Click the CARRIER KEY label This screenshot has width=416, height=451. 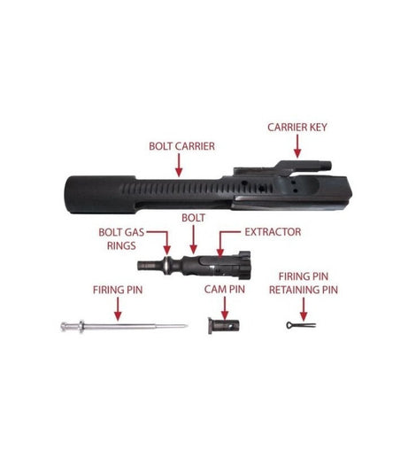click(x=297, y=128)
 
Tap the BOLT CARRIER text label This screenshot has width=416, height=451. click(x=181, y=146)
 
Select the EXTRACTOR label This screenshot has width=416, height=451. click(x=273, y=232)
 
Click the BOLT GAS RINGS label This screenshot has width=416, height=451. click(x=121, y=238)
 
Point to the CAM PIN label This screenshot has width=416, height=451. click(x=225, y=290)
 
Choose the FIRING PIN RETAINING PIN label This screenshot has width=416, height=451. click(x=304, y=284)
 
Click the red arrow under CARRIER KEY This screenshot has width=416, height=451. click(x=297, y=146)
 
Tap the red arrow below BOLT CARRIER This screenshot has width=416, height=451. click(x=179, y=165)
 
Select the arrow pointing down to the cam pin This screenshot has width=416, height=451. click(x=225, y=308)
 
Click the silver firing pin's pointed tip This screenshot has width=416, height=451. click(x=187, y=326)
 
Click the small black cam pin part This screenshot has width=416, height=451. click(x=223, y=326)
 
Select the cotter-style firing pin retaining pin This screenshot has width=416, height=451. click(x=301, y=325)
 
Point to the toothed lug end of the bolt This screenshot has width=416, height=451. click(x=244, y=265)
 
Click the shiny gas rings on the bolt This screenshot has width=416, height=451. click(x=167, y=264)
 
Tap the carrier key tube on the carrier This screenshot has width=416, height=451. click(x=304, y=166)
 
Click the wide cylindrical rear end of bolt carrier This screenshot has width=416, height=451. click(x=100, y=195)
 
